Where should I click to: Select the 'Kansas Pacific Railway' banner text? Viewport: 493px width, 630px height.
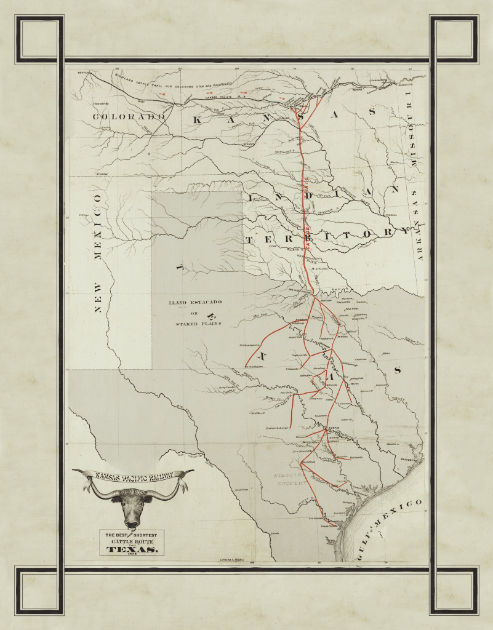tap(133, 475)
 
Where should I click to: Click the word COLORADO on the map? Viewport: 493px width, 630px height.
tap(129, 116)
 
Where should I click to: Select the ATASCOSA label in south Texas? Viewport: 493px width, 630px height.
tap(288, 476)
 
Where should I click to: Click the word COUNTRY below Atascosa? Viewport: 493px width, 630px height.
tap(288, 484)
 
